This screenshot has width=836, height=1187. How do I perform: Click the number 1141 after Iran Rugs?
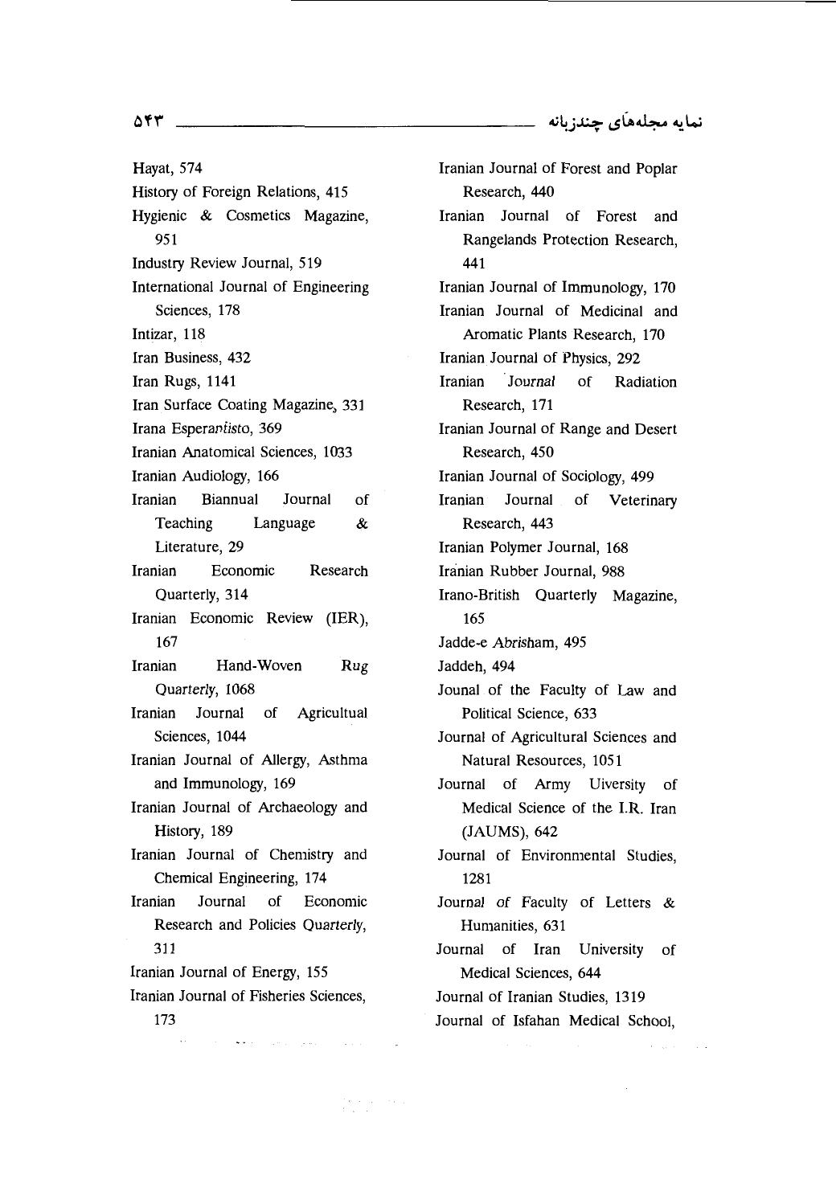(220, 381)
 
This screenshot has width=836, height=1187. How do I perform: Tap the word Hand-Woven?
(259, 665)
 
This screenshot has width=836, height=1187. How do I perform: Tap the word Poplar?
(656, 169)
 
